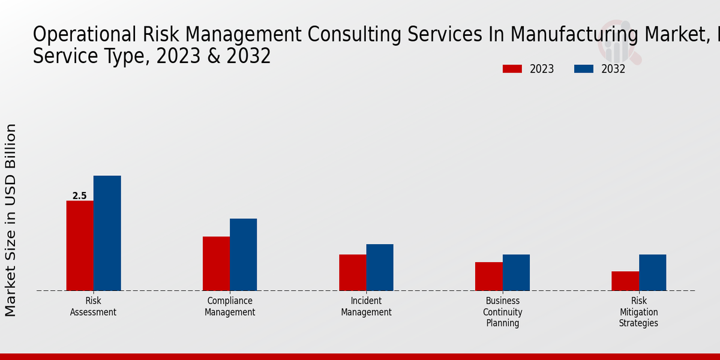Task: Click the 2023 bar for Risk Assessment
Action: (80, 245)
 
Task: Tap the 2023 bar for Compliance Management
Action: (216, 263)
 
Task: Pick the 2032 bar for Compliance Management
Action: (243, 254)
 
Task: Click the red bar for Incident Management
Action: (352, 272)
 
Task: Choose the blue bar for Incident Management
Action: (380, 267)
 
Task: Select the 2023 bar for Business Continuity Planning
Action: (488, 276)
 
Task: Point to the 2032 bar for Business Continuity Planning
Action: (516, 272)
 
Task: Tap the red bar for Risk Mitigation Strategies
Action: (625, 281)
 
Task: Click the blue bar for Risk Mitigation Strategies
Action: (652, 272)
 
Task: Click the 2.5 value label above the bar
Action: (79, 196)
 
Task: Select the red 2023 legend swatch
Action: (512, 69)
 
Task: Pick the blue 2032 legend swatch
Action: (583, 69)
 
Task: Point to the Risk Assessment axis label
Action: (93, 307)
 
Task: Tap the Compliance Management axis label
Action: (230, 307)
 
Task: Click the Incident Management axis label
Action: (366, 307)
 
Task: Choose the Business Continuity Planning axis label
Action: (503, 312)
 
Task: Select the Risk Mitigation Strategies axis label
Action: (639, 312)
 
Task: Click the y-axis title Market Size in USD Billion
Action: (11, 220)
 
